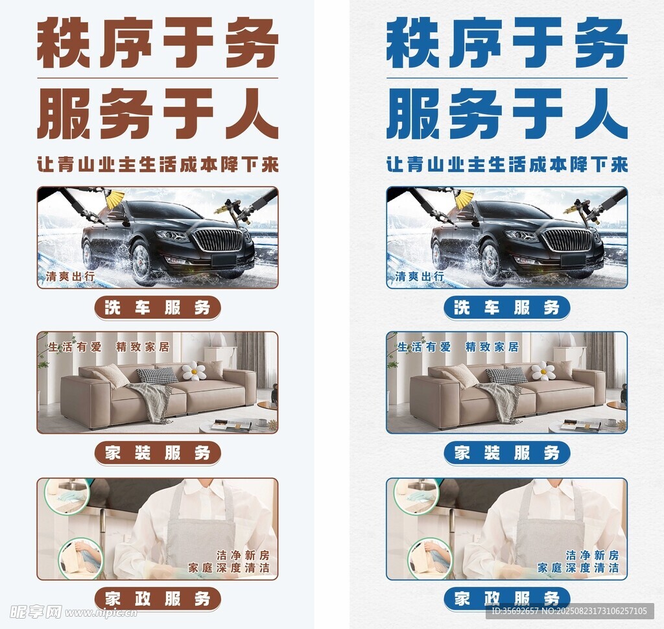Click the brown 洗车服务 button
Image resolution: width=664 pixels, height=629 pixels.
coord(158,307)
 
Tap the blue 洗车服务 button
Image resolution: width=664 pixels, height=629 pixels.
coord(507,307)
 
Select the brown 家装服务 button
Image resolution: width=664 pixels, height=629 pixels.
coord(158,453)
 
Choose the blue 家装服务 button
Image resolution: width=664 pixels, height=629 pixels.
coord(507,453)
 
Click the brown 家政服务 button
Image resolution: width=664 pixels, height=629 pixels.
coord(158,599)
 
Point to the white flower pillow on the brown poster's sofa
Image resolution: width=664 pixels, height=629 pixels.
coord(194,371)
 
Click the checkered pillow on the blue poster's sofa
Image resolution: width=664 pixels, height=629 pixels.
coord(506,375)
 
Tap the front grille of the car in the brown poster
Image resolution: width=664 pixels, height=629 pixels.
coord(219,240)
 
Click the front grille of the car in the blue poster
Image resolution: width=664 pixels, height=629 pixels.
coord(568,240)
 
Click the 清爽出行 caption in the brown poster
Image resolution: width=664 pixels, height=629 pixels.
coord(70,277)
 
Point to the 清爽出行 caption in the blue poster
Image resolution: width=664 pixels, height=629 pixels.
coord(420,277)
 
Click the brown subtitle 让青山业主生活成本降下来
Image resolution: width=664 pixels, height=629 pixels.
coord(158,164)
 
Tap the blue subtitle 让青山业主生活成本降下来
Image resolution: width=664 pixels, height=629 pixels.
coord(507,164)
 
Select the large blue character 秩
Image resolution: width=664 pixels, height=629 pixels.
coord(412,42)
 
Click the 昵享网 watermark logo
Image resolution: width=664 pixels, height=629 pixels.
coord(36,612)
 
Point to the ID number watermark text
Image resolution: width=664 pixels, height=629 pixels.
coord(569,611)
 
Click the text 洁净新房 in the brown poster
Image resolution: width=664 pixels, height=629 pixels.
coord(243,555)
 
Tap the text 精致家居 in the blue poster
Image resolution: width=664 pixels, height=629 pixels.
coord(492,347)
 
